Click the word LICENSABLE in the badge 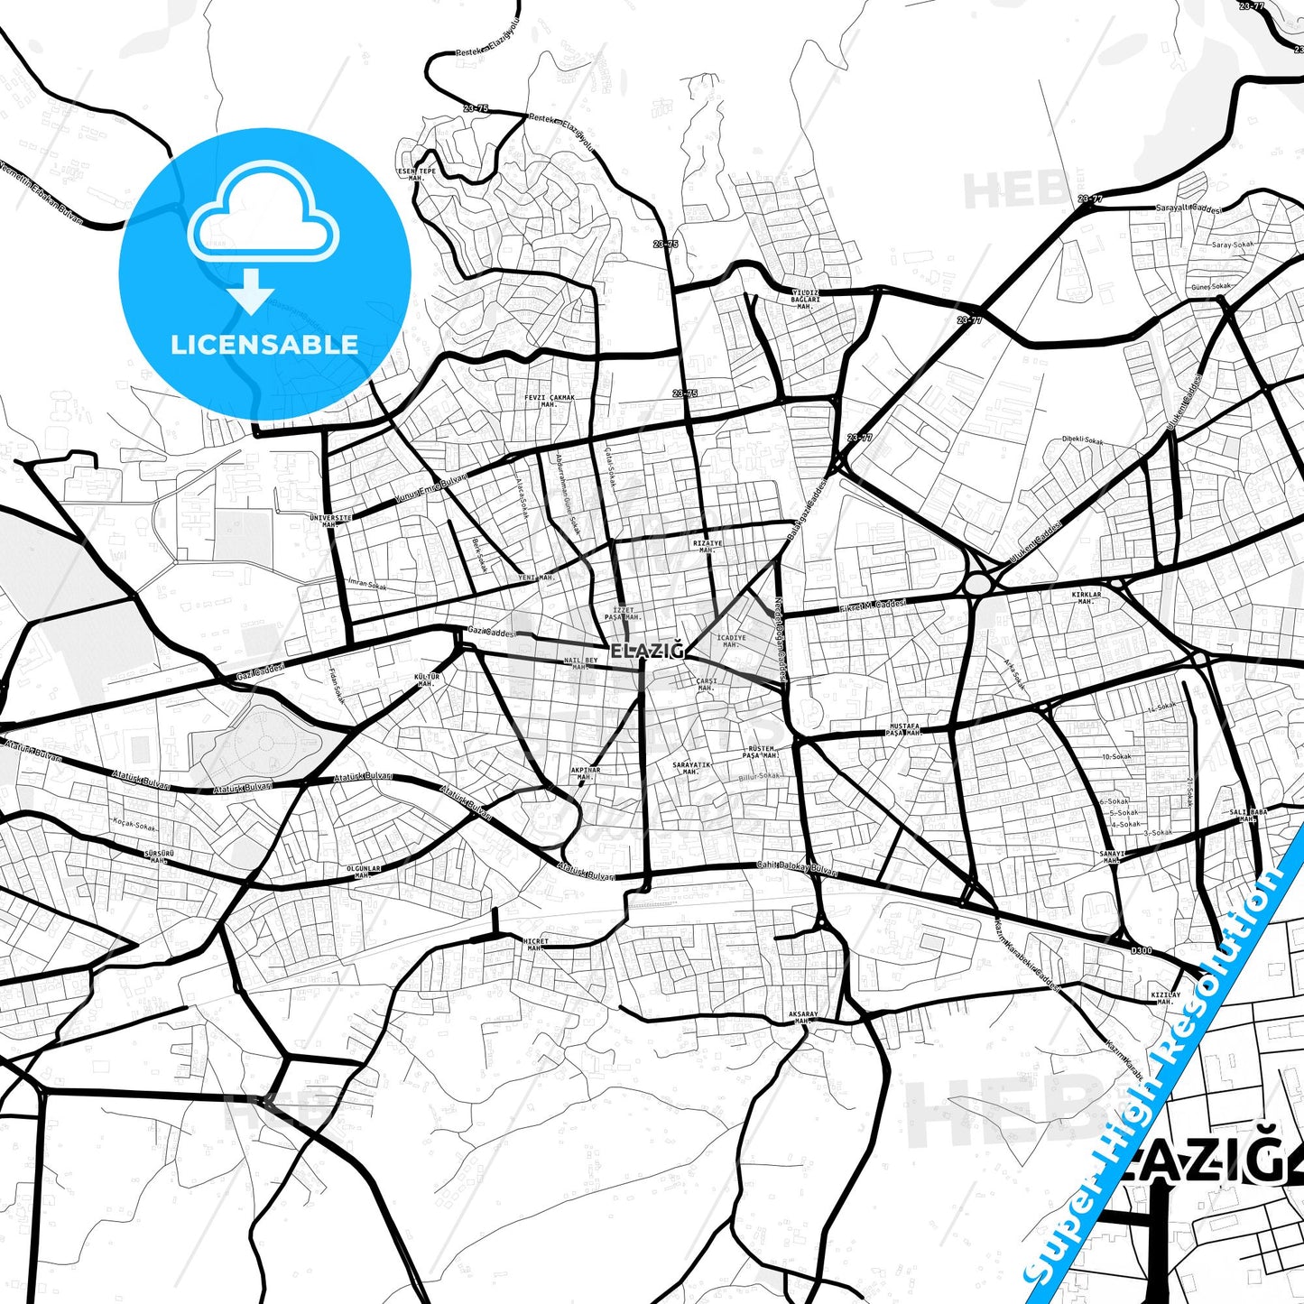(x=264, y=345)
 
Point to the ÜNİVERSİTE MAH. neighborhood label (x=329, y=521)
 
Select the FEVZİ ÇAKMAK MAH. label (x=550, y=401)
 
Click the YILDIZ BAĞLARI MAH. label (x=805, y=300)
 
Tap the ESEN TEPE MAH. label (x=416, y=174)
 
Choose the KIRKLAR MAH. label (x=1087, y=597)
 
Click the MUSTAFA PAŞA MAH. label (x=904, y=729)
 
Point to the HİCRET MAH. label (x=535, y=945)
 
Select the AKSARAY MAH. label (x=803, y=1017)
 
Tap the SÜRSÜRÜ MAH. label (x=159, y=855)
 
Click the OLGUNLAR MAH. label (x=364, y=872)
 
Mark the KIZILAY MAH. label (x=1165, y=997)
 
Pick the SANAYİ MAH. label (x=1112, y=856)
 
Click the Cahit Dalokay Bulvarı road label (x=797, y=868)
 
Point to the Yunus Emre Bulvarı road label (x=431, y=488)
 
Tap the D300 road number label (x=1142, y=950)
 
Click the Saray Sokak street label (x=1233, y=245)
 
